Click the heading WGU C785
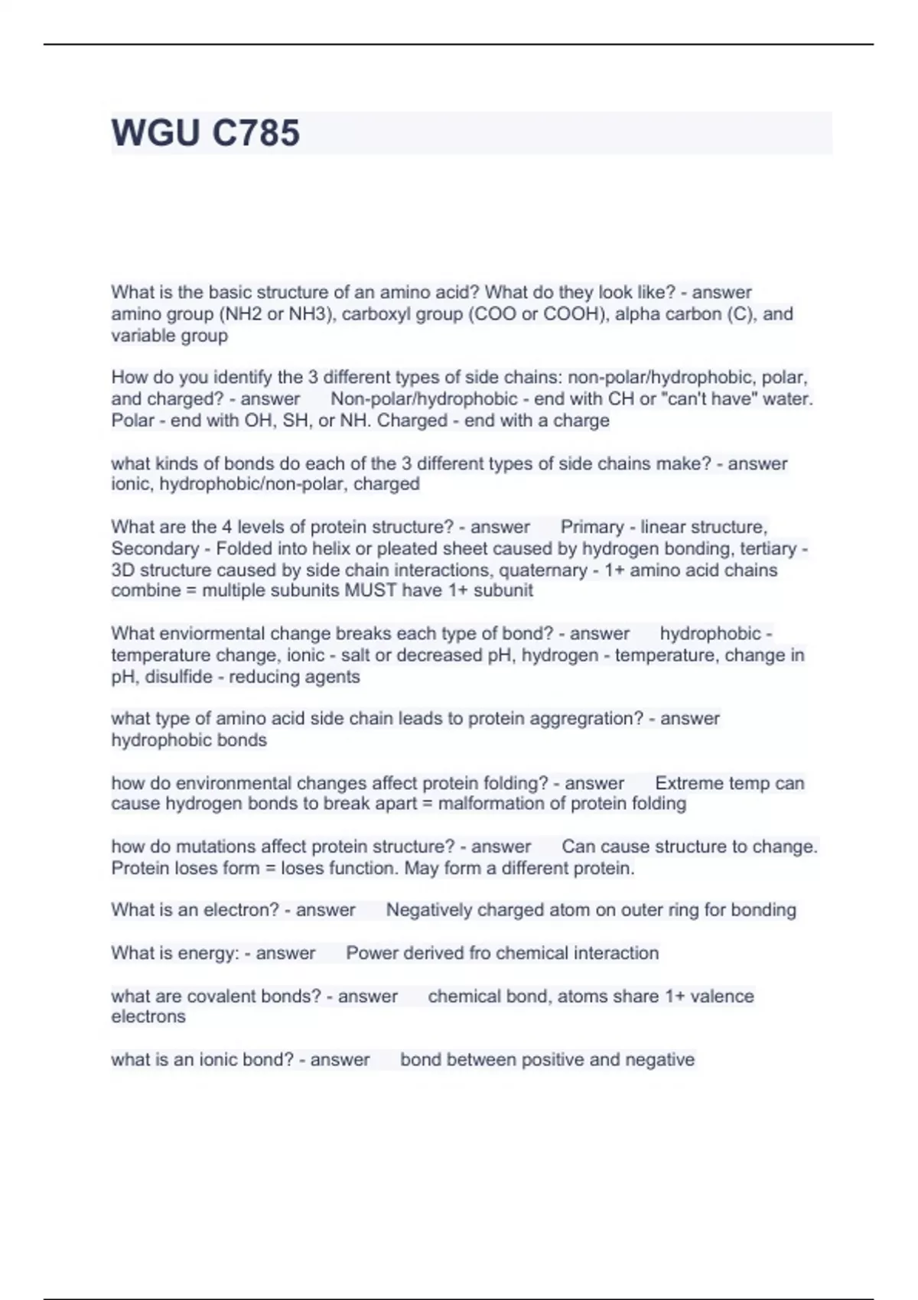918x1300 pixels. pyautogui.click(x=205, y=132)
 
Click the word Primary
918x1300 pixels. pyautogui.click(x=592, y=528)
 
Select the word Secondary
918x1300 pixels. pyautogui.click(x=155, y=549)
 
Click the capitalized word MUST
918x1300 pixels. pyautogui.click(x=370, y=590)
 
